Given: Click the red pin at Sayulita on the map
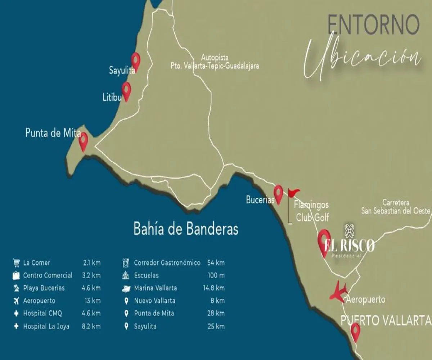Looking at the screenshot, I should [135, 60].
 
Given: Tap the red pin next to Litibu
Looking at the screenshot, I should [126, 90].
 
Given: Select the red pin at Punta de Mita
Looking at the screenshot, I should [84, 140].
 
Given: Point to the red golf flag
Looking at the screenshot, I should [293, 193].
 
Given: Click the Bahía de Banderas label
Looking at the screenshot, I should [186, 229].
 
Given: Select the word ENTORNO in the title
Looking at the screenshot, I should [373, 25].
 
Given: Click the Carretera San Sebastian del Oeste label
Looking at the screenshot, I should [396, 207].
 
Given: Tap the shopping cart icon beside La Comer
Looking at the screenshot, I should [16, 262].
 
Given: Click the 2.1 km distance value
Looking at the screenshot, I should [91, 263].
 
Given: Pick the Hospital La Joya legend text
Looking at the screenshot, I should [46, 327].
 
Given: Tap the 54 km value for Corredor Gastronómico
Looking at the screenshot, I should [216, 263].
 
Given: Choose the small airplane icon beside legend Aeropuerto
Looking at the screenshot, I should [16, 301].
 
